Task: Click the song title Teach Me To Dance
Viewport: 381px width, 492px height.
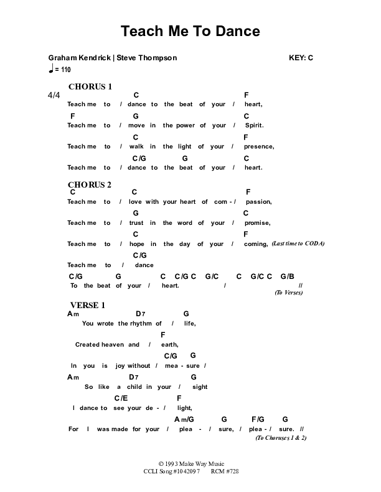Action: tap(190, 30)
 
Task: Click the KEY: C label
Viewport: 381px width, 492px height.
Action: tap(301, 58)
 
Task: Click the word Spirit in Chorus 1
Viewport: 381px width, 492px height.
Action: tap(254, 125)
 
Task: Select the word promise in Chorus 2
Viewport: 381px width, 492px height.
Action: tap(257, 223)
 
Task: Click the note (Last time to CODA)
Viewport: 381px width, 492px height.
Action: tap(298, 244)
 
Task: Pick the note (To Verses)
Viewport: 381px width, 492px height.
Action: tap(288, 293)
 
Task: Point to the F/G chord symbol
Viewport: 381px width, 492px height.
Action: tap(258, 419)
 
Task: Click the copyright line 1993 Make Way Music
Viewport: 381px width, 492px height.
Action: tap(190, 464)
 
